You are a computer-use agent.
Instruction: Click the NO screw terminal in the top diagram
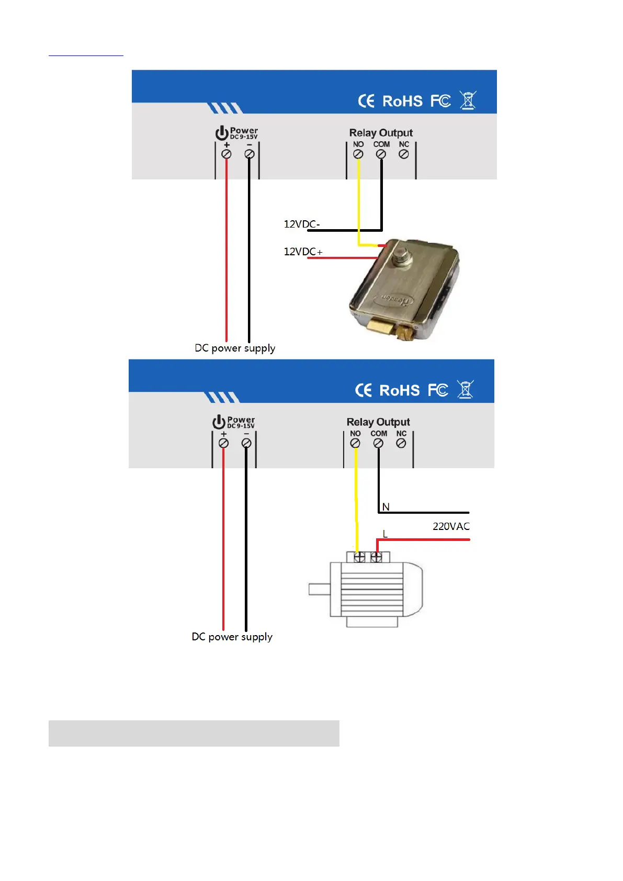pos(358,154)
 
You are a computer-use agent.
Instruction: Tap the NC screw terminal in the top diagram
pos(404,154)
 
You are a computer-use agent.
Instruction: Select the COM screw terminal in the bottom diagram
pos(378,444)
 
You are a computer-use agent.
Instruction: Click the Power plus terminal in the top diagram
pos(226,154)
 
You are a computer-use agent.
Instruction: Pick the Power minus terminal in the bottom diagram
pos(246,444)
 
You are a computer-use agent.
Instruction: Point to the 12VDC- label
pos(301,224)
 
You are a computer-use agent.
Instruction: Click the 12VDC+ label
pos(303,252)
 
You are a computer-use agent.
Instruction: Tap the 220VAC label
pos(451,526)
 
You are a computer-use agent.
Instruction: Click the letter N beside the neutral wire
pos(386,507)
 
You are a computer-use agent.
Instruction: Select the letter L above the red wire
pos(385,534)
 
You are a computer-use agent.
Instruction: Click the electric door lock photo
pos(405,290)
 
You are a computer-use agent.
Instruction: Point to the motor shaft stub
pos(319,589)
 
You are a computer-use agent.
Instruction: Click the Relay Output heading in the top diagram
pos(381,133)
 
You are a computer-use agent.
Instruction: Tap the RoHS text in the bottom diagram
pos(400,390)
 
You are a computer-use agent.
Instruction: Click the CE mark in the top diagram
pos(366,101)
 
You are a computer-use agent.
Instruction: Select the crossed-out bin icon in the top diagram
pos(468,100)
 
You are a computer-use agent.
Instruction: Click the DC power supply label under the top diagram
pos(235,348)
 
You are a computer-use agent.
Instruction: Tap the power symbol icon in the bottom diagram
pos(219,422)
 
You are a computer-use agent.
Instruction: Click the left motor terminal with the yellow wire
pos(359,557)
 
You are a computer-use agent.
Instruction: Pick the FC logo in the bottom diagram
pos(438,390)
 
